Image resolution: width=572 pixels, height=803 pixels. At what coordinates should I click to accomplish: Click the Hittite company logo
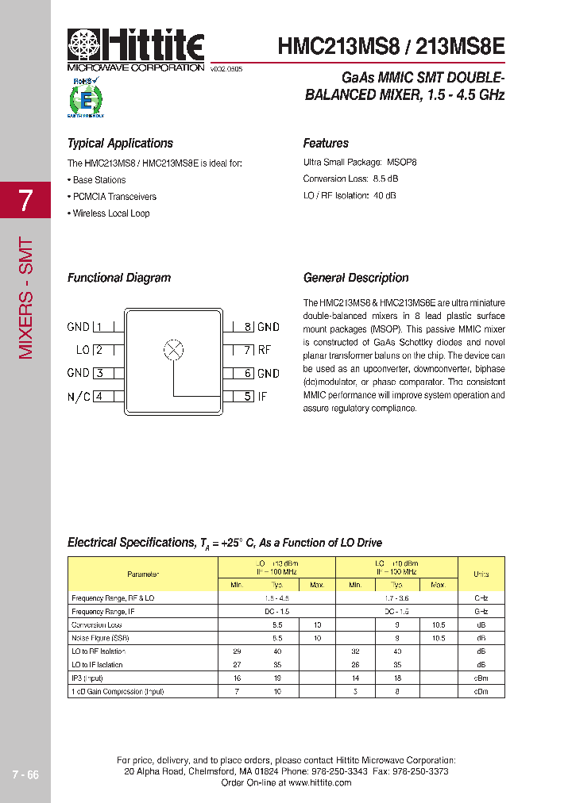pos(136,47)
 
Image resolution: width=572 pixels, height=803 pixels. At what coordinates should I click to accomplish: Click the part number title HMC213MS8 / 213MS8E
pos(391,45)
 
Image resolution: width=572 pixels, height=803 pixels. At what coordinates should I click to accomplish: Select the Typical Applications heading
pos(120,144)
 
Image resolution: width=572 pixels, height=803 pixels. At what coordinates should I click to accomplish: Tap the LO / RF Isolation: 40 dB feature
pos(350,195)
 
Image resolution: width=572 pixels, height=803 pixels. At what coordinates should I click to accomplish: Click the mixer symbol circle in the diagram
pos(173,349)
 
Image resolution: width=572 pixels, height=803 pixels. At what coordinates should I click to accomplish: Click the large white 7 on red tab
pos(25,201)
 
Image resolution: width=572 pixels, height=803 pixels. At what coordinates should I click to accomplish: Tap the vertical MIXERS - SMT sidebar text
pos(25,298)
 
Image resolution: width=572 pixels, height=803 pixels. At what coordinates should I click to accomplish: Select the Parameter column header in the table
pos(143,574)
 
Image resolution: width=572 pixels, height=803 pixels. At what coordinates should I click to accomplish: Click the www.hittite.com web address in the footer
pos(319,782)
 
